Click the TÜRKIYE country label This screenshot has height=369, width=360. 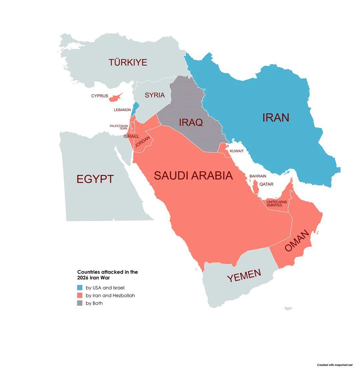click(x=128, y=62)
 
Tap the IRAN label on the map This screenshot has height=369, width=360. click(x=275, y=118)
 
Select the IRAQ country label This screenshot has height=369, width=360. click(x=191, y=122)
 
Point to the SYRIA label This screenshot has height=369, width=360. click(x=155, y=95)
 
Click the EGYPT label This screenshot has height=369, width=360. click(x=95, y=179)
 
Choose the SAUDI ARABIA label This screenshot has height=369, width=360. click(x=193, y=176)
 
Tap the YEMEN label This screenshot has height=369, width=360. click(x=244, y=275)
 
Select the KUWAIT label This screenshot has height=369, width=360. click(x=237, y=151)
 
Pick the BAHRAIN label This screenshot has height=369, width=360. click(x=258, y=176)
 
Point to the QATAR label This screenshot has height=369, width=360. click(x=266, y=184)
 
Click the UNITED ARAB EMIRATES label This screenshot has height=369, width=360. click(x=276, y=204)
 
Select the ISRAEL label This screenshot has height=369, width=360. click(x=131, y=136)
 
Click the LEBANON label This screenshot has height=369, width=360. click(x=122, y=110)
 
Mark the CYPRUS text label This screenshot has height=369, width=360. click(x=100, y=96)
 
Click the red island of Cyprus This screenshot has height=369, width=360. click(x=115, y=97)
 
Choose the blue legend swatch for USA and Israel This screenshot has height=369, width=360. click(x=80, y=287)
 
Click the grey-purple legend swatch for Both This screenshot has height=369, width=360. click(x=80, y=303)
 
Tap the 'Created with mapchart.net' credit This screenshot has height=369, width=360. click(x=334, y=365)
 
